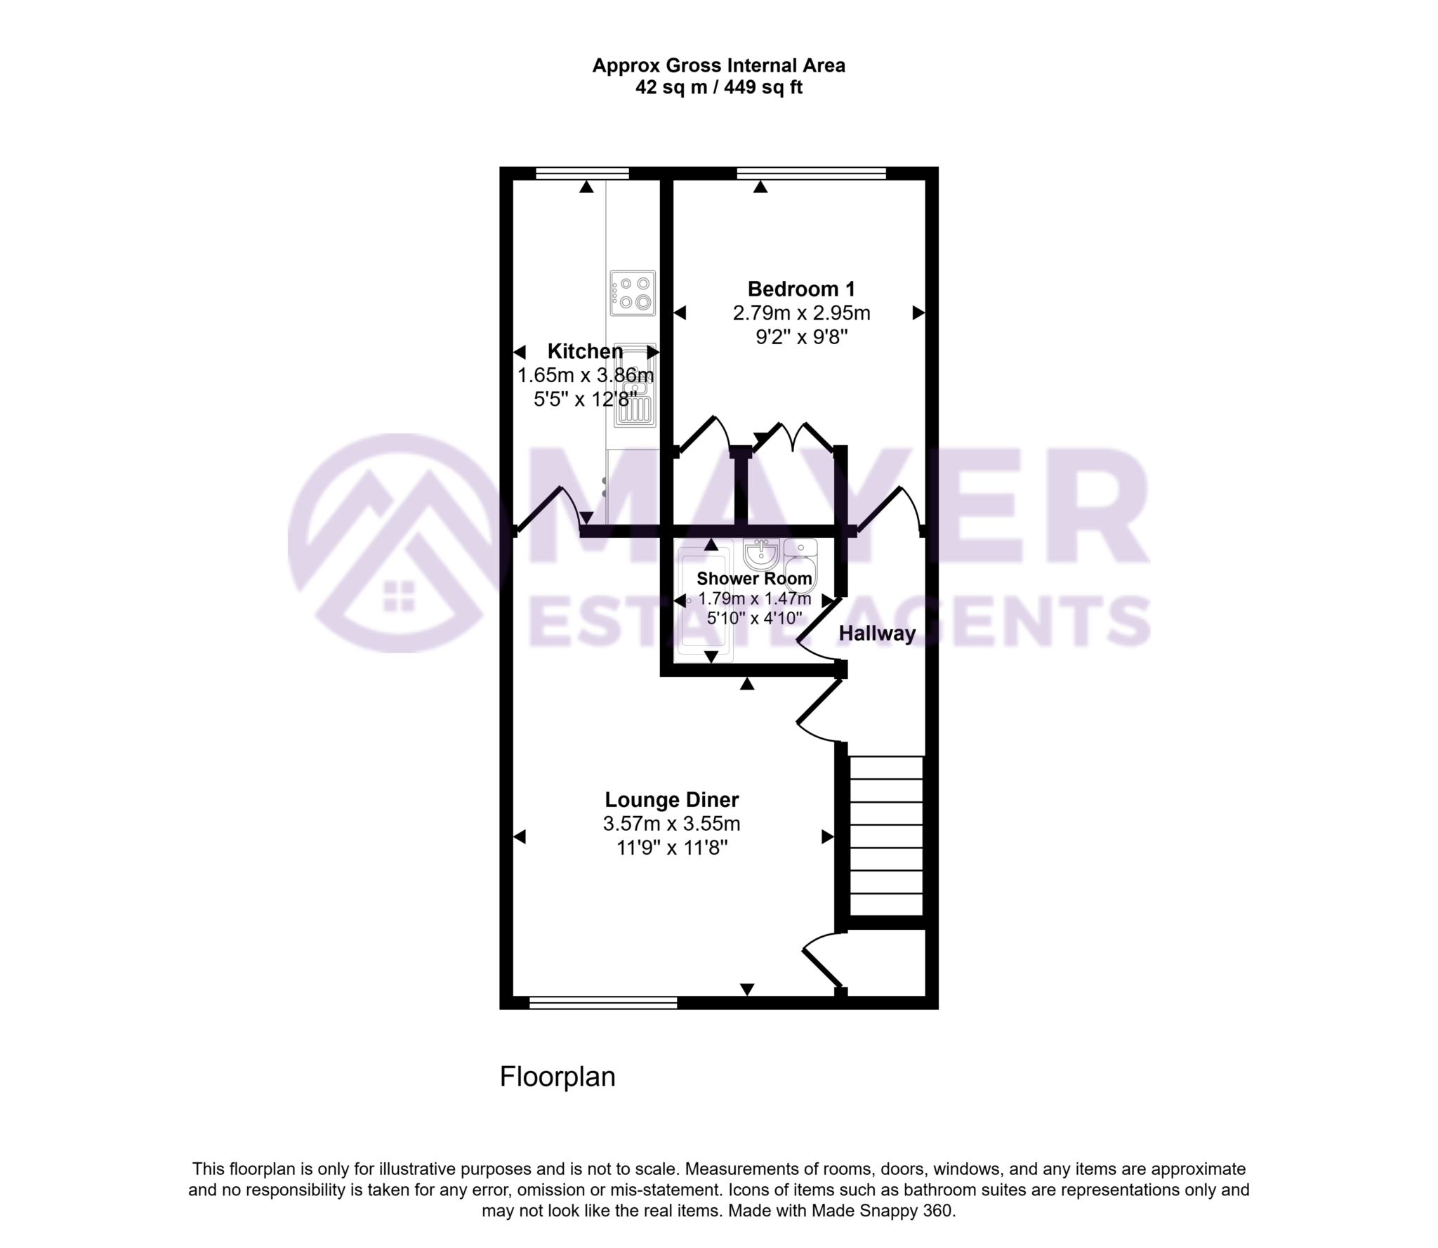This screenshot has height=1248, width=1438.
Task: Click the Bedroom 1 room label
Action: click(x=801, y=289)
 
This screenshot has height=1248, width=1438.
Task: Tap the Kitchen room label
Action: click(x=585, y=351)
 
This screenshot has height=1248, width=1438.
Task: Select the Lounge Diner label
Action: click(x=672, y=800)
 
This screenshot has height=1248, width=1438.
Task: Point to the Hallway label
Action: click(x=877, y=633)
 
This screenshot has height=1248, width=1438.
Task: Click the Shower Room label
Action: click(x=754, y=579)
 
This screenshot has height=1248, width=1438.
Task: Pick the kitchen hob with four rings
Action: click(x=633, y=293)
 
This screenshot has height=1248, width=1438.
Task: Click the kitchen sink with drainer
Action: click(x=635, y=385)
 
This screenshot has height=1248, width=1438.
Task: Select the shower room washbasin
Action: click(x=761, y=555)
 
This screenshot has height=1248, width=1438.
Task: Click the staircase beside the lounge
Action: click(x=886, y=835)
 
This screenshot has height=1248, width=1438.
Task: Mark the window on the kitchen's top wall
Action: click(x=582, y=173)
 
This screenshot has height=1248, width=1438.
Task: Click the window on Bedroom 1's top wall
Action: click(x=811, y=173)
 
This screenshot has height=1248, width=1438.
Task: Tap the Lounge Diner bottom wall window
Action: click(x=603, y=1003)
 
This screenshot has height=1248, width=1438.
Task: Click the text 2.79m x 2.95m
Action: click(x=801, y=313)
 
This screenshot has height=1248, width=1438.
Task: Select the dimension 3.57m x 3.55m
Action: click(x=671, y=824)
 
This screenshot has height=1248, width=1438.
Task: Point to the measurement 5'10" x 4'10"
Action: click(x=754, y=618)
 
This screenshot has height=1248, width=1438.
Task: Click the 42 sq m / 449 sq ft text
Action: click(x=718, y=88)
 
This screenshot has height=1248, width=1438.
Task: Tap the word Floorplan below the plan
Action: click(x=557, y=1077)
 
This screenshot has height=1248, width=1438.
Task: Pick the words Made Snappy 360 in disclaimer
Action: click(x=883, y=1211)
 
